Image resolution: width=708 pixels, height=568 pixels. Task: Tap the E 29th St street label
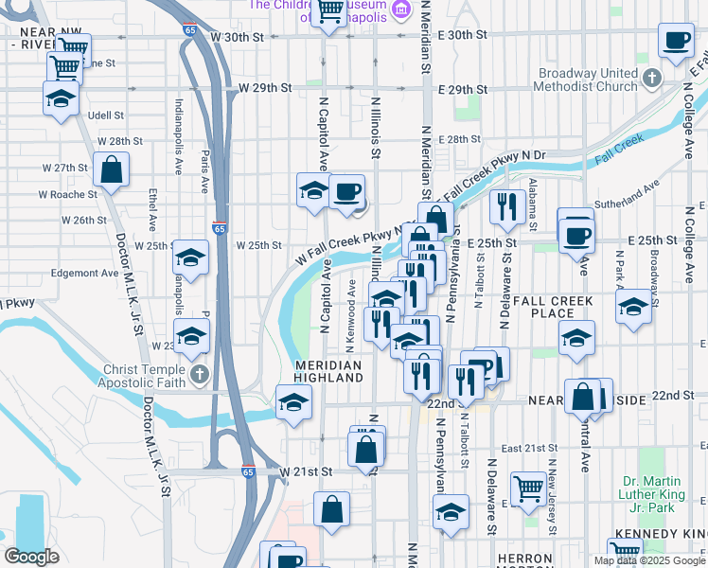pos(463,89)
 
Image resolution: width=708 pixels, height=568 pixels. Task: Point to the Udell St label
pos(105,115)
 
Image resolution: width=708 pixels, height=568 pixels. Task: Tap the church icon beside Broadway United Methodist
pos(650,79)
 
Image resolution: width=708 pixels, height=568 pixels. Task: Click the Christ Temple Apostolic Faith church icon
pos(199,375)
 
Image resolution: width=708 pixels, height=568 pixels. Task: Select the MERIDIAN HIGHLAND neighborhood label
pos(328,371)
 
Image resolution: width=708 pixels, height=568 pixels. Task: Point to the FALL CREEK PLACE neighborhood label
pos(554,307)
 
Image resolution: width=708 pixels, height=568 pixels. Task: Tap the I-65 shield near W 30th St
pos(190,29)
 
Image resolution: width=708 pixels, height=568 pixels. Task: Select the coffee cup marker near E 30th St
pos(677,41)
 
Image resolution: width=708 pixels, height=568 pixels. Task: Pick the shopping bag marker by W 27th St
pos(112,170)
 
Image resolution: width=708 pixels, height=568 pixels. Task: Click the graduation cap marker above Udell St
pos(60,98)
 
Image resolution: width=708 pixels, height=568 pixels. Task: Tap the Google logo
pos(31,557)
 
